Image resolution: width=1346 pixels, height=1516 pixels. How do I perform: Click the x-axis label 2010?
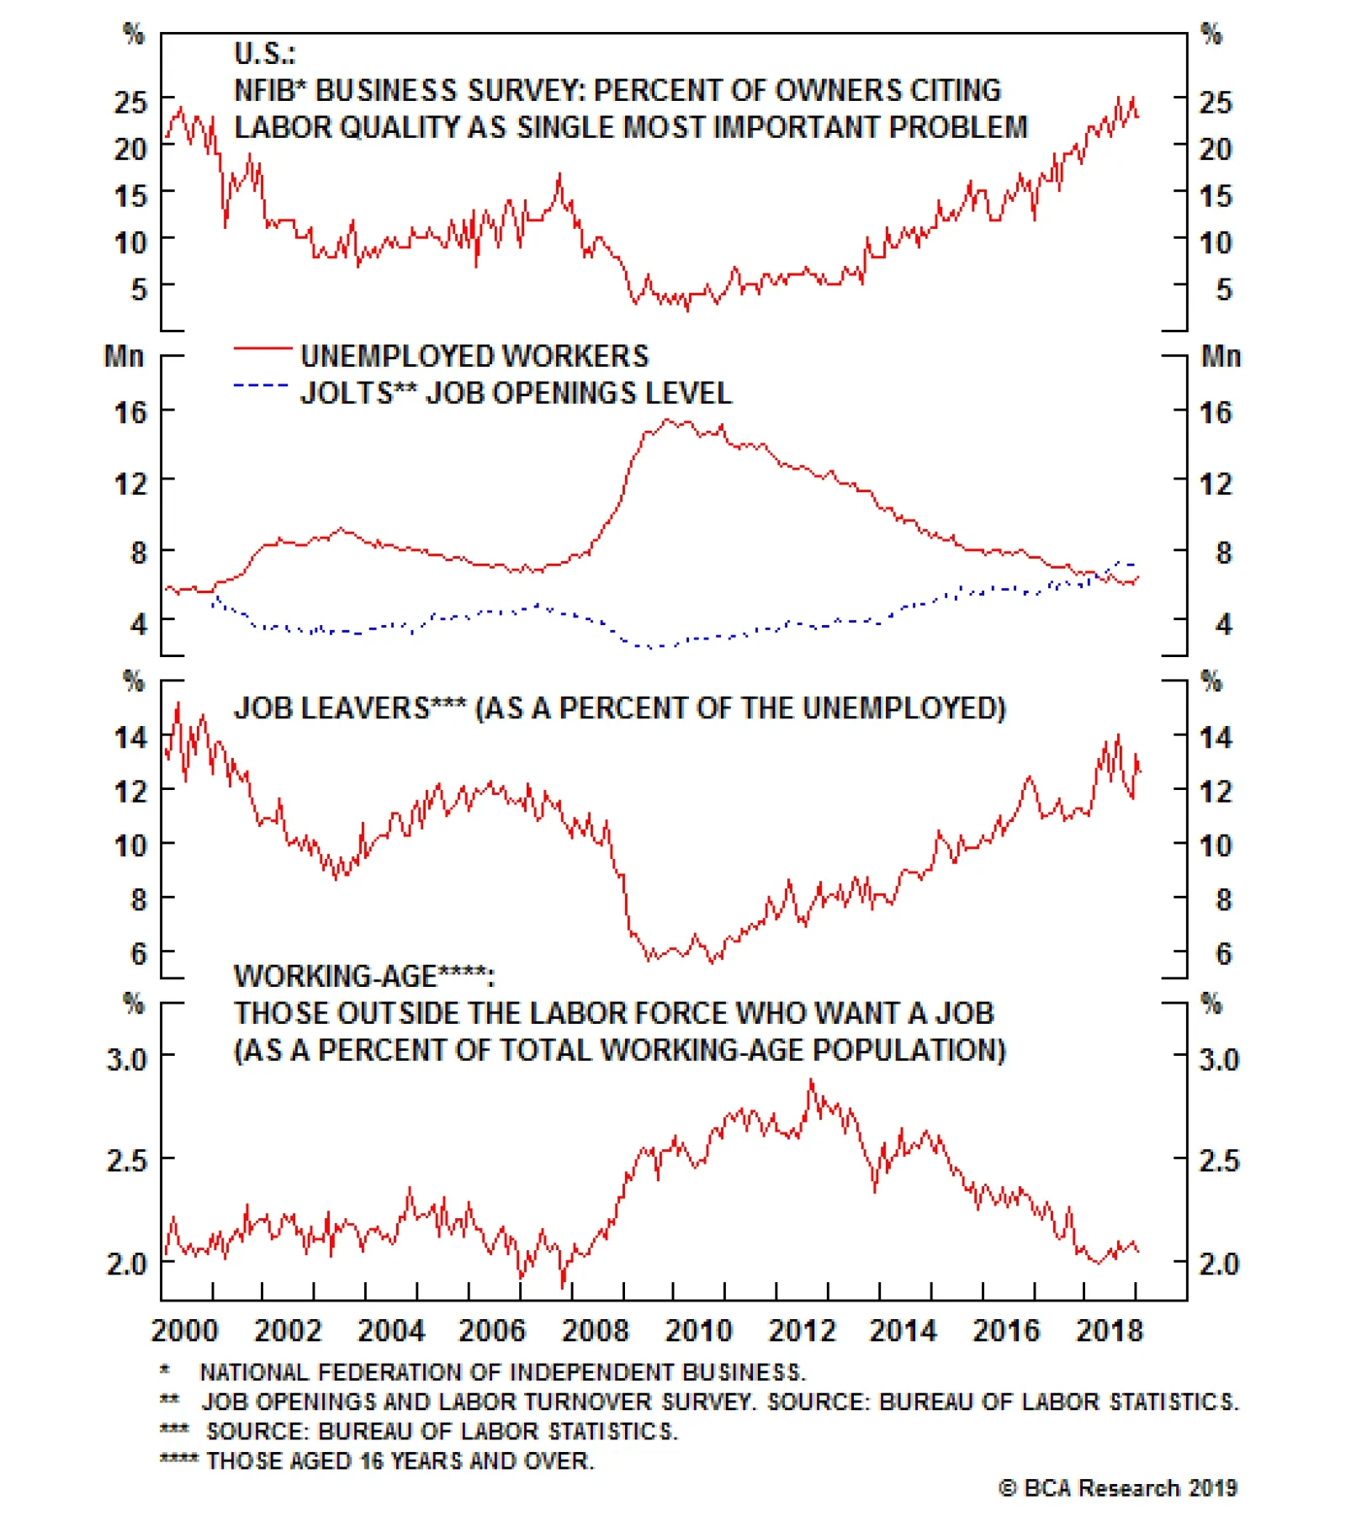(x=698, y=1330)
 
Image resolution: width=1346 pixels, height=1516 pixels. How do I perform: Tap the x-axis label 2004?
(x=390, y=1330)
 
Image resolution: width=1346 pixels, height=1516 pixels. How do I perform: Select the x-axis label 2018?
(x=1109, y=1330)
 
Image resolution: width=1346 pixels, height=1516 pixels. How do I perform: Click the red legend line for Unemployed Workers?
(x=262, y=347)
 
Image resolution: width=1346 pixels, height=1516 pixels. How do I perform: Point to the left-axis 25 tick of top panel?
(x=130, y=103)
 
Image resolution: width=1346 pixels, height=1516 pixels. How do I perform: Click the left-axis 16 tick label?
(x=130, y=412)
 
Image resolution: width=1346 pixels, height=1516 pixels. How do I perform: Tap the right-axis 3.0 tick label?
(x=1219, y=1058)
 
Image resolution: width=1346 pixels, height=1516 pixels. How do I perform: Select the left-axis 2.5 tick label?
(x=127, y=1160)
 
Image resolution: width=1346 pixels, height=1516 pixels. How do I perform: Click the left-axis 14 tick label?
(x=130, y=738)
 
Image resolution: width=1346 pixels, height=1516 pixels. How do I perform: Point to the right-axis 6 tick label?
(x=1223, y=953)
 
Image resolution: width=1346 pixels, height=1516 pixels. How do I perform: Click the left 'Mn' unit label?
(x=124, y=356)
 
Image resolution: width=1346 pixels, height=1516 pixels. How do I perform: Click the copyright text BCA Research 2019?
(x=1119, y=1487)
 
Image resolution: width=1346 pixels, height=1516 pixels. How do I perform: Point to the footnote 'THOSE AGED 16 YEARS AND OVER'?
(x=400, y=1460)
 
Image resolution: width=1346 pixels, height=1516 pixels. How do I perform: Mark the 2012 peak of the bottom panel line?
(x=811, y=1080)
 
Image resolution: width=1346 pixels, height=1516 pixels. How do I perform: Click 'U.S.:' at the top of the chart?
(x=264, y=54)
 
